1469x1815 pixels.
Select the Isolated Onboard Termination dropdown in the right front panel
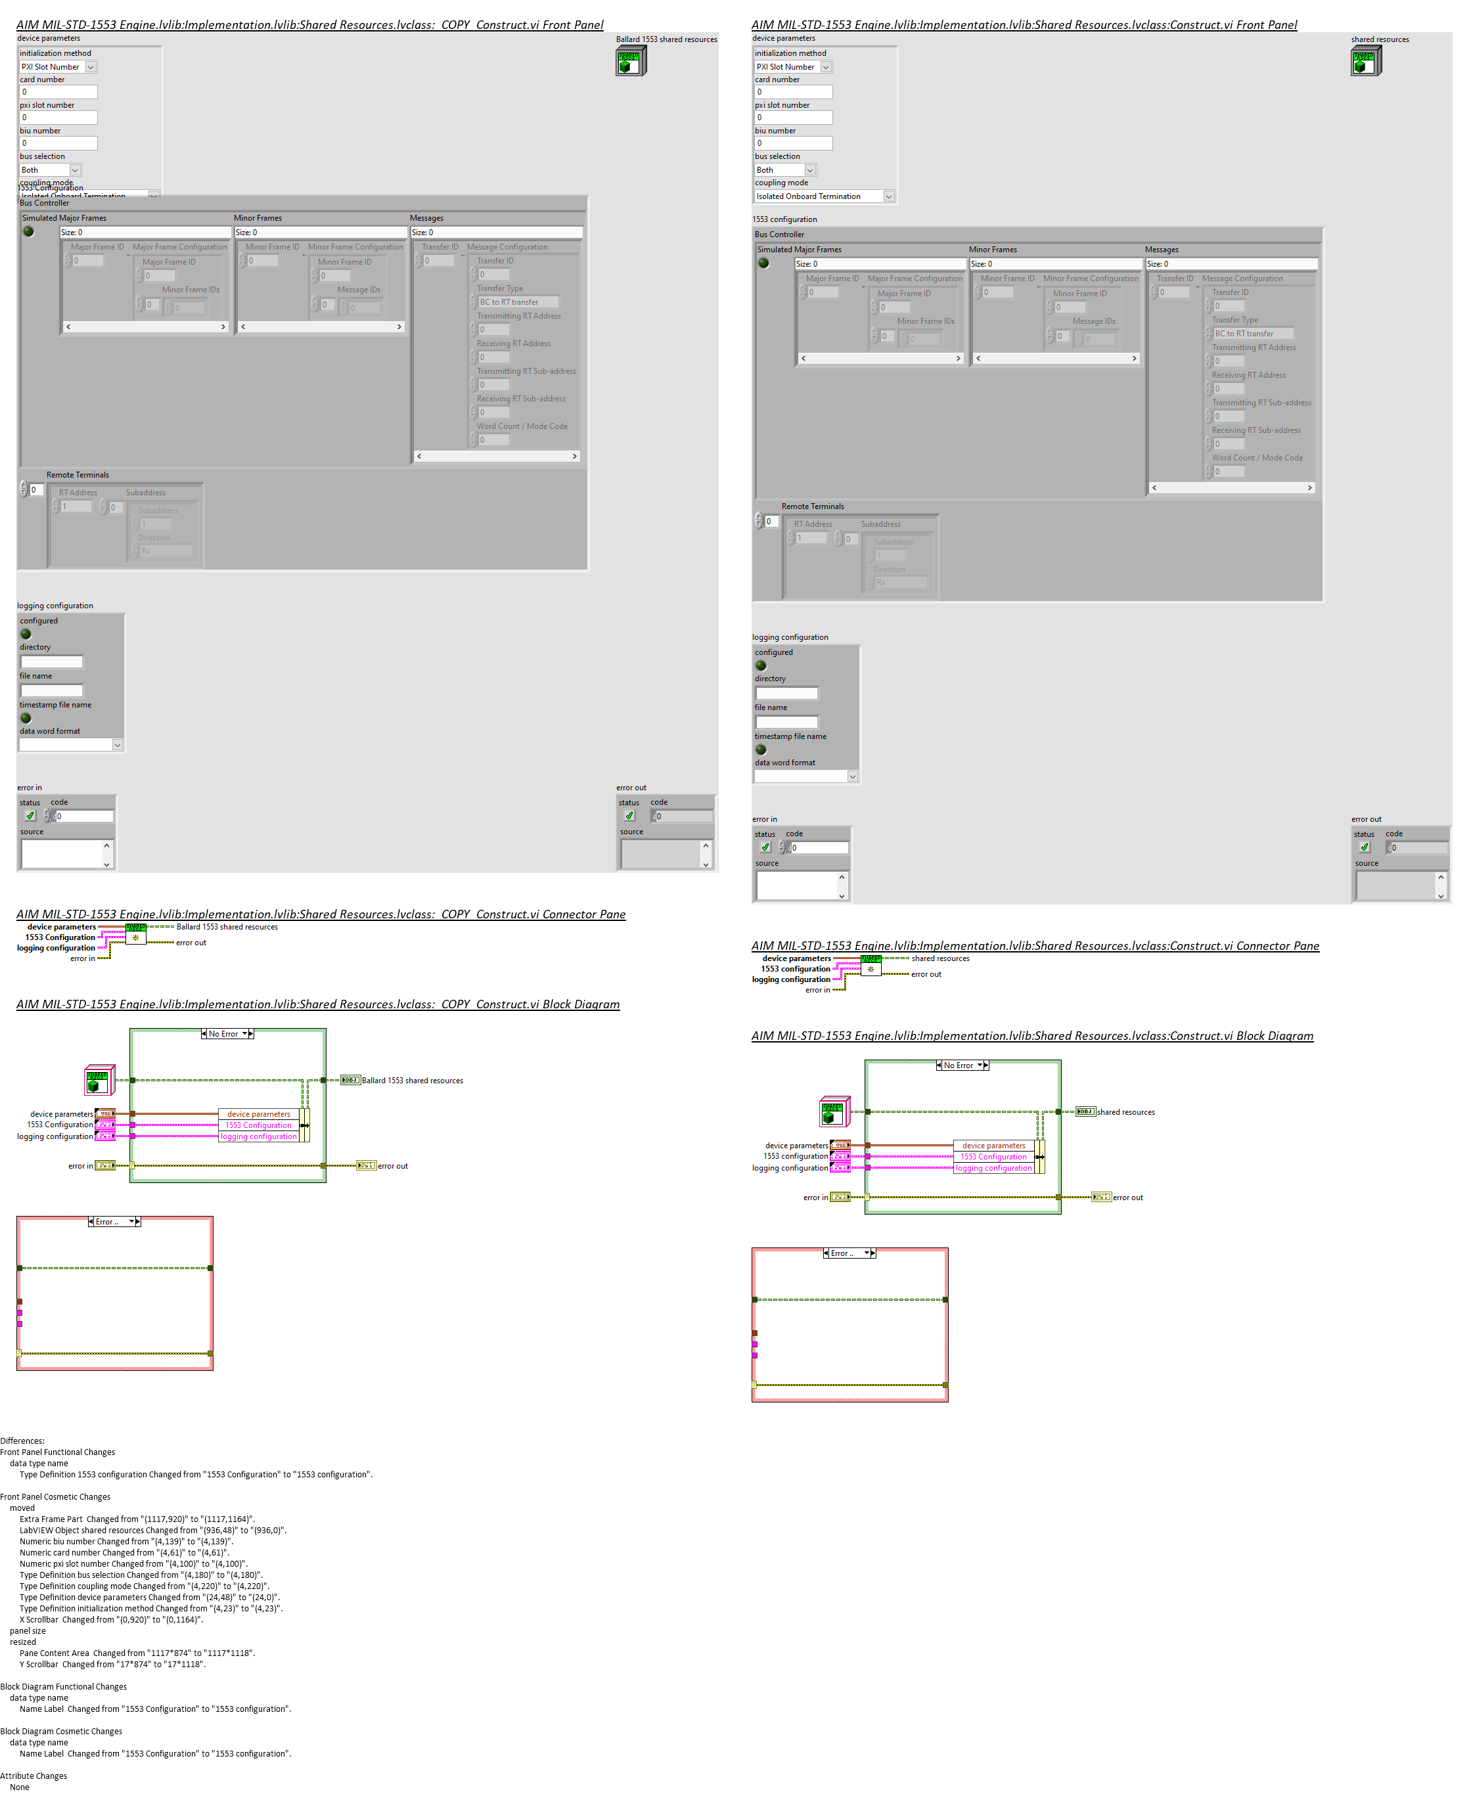(823, 196)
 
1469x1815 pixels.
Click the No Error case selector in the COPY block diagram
(227, 1034)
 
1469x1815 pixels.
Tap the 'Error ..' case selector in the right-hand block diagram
(849, 1253)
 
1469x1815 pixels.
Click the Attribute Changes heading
(34, 1776)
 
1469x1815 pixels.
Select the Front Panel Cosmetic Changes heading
(55, 1497)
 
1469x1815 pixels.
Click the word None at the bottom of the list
(20, 1787)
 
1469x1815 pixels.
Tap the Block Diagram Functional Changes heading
(64, 1686)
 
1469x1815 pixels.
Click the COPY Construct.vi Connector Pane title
(321, 914)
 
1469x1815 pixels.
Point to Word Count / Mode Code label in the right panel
(1257, 458)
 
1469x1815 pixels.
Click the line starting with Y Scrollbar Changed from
(112, 1665)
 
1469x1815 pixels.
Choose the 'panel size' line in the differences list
(28, 1630)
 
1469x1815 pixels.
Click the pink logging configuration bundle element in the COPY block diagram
(259, 1136)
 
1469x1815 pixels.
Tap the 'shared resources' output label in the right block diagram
(1125, 1112)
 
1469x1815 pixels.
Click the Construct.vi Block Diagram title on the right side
(1031, 1036)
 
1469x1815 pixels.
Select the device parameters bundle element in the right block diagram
(993, 1146)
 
